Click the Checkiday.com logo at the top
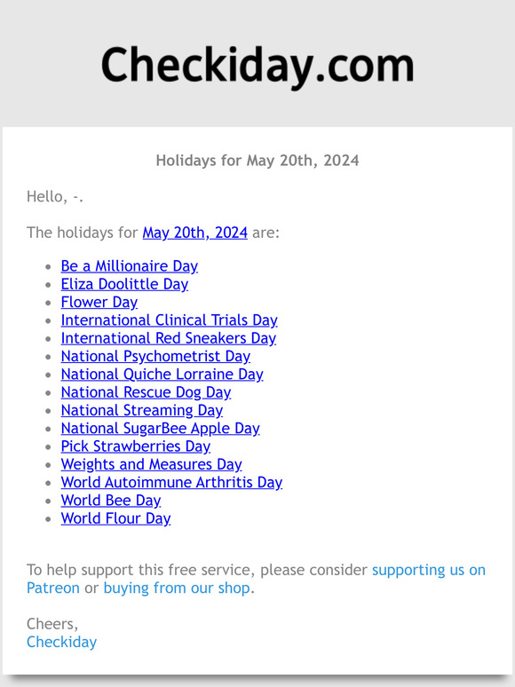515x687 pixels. pos(257,65)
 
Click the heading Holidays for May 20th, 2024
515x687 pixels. pos(257,161)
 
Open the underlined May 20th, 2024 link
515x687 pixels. pos(194,233)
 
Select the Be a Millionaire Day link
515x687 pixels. pos(129,266)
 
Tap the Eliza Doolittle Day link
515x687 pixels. pos(124,284)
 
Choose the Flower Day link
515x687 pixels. pos(99,302)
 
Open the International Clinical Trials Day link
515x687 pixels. pos(169,320)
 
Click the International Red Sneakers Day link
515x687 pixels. pos(168,338)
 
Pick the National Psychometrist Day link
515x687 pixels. pos(155,356)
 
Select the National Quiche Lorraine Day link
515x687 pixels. pos(162,375)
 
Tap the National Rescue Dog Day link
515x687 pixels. pos(146,392)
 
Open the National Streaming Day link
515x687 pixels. pos(141,410)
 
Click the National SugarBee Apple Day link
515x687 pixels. pos(160,428)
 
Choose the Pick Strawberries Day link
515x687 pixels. pos(135,446)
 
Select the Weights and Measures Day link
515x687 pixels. pos(151,464)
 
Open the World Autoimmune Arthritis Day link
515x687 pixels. pos(171,483)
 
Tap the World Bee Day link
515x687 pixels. pos(110,501)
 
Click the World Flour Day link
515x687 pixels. pos(115,518)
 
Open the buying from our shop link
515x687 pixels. pos(177,588)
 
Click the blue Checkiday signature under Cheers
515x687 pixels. pos(61,642)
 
